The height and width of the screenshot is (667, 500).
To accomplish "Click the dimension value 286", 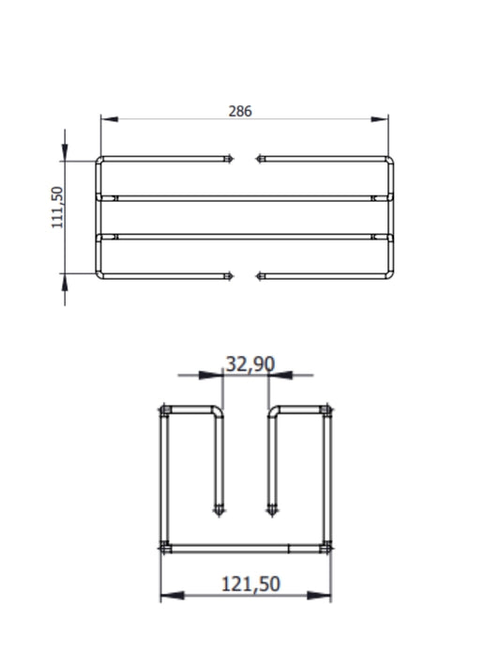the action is point(240,111).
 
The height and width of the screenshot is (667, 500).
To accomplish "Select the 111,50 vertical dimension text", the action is point(57,208).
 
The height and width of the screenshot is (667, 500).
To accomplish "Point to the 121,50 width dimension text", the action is point(250,584).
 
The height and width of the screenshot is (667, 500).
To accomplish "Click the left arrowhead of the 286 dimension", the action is point(109,119).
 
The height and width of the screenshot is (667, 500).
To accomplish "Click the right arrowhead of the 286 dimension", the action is point(380,119).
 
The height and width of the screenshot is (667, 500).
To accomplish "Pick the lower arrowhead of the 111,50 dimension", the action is point(65,282).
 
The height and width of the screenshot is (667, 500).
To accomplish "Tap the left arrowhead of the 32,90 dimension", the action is point(211,375).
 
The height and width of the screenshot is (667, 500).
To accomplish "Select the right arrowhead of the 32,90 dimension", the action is point(280,375).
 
